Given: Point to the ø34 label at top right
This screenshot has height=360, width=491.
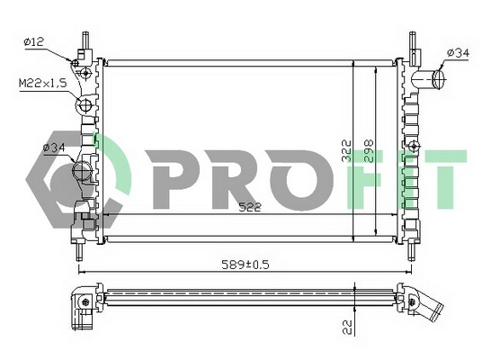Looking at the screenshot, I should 457,54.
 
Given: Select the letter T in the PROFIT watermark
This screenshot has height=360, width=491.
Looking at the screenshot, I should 446,175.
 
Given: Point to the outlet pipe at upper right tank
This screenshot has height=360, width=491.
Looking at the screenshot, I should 433,79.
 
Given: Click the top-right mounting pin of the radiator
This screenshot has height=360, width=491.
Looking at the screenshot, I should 413,44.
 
